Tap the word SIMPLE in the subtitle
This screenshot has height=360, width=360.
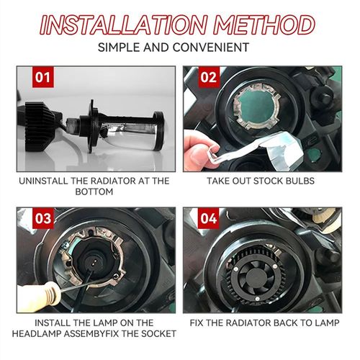pos(126,48)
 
